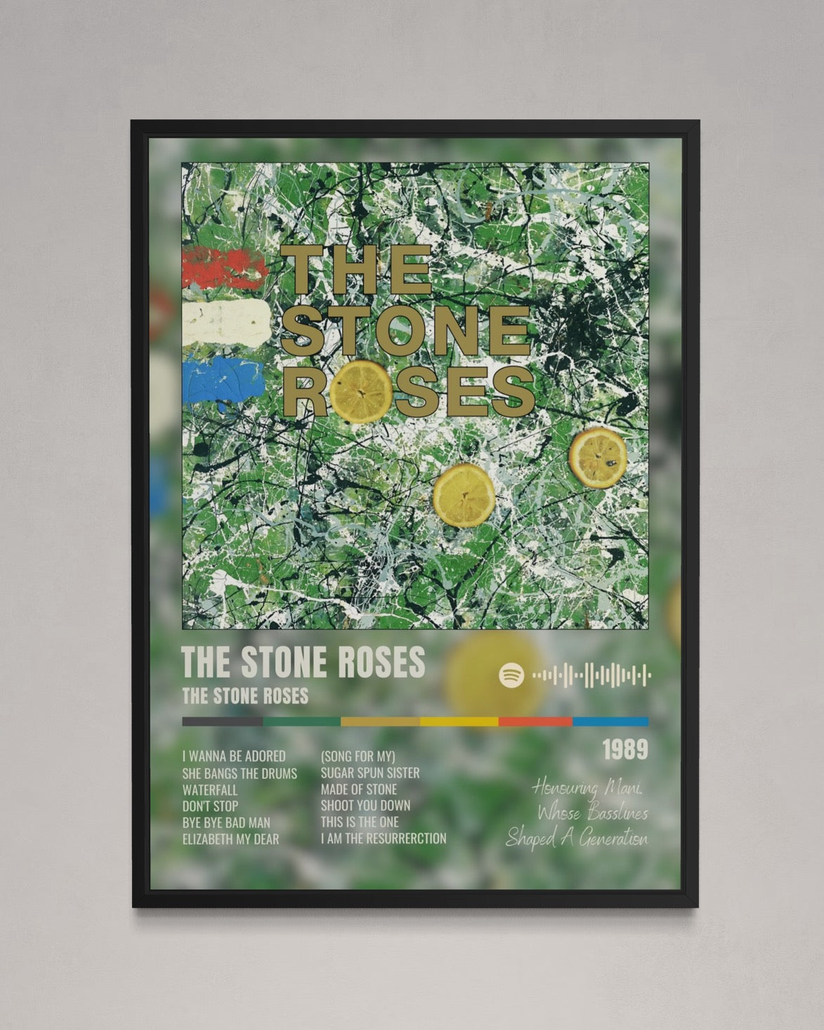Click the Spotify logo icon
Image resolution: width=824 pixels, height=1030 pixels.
pos(511,675)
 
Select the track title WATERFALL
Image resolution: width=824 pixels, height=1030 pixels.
pos(210,789)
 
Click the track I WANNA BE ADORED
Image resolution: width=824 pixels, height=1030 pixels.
pos(234,756)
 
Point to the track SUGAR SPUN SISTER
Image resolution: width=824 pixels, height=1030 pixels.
pos(370,772)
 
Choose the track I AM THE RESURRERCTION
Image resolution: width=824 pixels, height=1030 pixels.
pos(384,838)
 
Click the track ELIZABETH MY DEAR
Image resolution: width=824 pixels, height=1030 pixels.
pos(230,838)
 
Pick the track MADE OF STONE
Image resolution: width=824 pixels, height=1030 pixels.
pos(359,789)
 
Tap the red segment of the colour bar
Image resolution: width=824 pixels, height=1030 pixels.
pos(535,721)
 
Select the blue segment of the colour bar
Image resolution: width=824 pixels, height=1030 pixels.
pos(610,721)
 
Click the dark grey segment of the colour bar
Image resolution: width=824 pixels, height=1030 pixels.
pos(222,721)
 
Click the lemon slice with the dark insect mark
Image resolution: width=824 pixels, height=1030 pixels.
pos(598,456)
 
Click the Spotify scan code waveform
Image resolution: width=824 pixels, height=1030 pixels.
pos(591,675)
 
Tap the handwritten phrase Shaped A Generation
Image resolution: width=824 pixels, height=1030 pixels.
pos(577,838)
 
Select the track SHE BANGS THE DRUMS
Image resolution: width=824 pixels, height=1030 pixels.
pos(240,772)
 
